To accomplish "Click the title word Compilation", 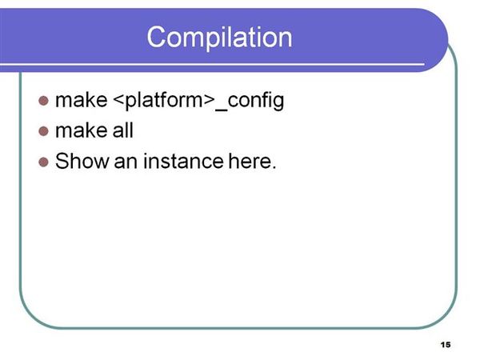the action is coord(219,38).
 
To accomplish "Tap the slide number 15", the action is coord(446,345).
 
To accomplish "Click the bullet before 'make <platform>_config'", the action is coord(44,101).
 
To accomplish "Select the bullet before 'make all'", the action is coord(44,131).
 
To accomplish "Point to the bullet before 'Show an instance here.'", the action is coord(44,162).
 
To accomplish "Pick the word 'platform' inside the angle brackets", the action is coord(163,100).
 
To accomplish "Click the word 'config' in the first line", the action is coord(256,101).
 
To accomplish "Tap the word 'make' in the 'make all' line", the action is coord(82,130).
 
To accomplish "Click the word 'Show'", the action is coord(82,161).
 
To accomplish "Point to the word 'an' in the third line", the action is coord(126,163).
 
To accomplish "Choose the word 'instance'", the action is coord(183,161).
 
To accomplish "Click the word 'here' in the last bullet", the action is coord(250,161).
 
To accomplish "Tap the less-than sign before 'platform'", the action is coord(118,101).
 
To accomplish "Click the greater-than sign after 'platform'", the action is coord(208,101).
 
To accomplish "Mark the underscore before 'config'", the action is coord(222,110).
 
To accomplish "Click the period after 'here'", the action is coord(274,167).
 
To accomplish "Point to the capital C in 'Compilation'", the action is coord(158,37).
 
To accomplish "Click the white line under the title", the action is coord(212,65).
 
